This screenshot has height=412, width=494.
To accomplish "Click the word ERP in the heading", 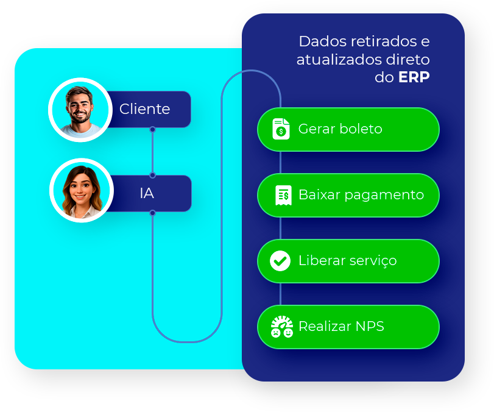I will pos(414,78).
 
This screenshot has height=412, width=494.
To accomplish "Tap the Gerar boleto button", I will pos(348,129).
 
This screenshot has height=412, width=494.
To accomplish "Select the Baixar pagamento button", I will pos(348,195).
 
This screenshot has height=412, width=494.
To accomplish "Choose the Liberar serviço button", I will pos(348,261).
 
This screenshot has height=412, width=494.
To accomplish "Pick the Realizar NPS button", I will pos(348,327).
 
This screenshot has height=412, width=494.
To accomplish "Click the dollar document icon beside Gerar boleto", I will pos(281,129).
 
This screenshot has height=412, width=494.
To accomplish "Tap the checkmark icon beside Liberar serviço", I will pos(280,261).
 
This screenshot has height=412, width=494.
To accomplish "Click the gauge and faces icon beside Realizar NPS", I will pos(282,327).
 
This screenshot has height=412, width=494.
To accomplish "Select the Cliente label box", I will pos(146,109).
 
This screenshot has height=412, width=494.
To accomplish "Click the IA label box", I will pos(147,193).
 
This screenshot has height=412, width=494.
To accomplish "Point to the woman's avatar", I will pos(81,190).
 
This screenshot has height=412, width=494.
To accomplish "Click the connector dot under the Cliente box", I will pos(152,129).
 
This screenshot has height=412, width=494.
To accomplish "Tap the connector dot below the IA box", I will pos(152,213).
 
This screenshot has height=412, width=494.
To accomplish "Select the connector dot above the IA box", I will pos(152,175).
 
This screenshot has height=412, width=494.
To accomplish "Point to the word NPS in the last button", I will pos(371,327).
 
